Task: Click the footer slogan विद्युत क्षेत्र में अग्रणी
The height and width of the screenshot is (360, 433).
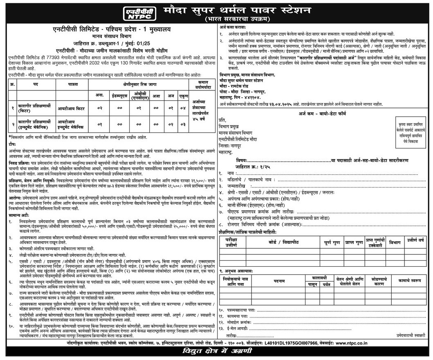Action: (x=217, y=351)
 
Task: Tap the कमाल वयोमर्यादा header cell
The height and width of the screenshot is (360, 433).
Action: (x=201, y=85)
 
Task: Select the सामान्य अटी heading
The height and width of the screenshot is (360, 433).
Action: (x=20, y=215)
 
